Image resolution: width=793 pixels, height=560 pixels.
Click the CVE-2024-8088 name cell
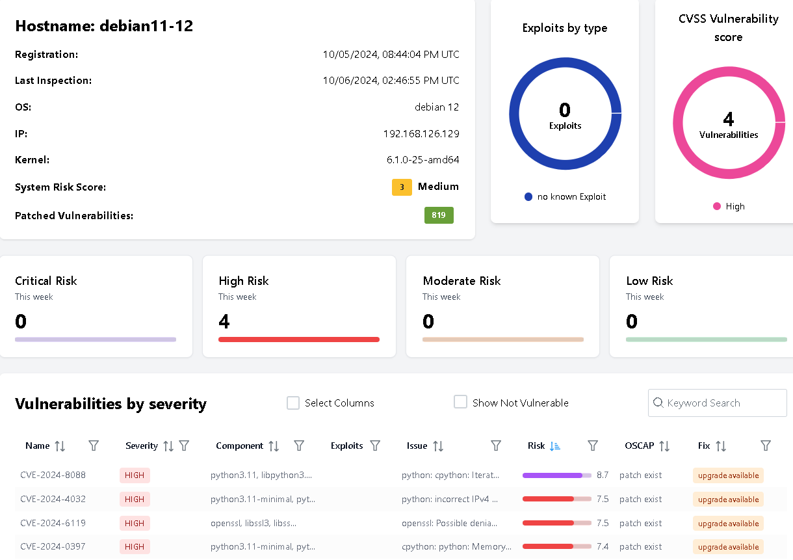pos(53,475)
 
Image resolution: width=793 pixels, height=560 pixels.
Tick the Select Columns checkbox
pos(293,403)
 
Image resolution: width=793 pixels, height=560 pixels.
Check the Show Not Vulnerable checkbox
pos(460,402)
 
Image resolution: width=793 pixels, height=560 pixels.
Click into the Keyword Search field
pos(721,403)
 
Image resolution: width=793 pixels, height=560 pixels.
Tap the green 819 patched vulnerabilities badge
pos(439,215)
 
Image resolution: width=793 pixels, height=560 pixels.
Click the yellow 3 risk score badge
pos(402,187)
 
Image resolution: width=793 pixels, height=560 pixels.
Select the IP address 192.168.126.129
pos(421,134)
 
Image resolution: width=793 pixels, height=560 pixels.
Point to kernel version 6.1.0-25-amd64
pos(422,160)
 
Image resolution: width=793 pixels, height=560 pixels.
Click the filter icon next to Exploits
pos(375,446)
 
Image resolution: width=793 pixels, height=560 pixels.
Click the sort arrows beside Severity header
pos(168,446)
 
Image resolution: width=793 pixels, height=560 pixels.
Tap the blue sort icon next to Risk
pos(554,446)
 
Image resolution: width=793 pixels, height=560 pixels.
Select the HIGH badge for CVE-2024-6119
pos(135,523)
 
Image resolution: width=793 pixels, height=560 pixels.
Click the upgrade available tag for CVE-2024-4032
pos(728,500)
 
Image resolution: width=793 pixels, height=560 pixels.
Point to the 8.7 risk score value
pos(603,475)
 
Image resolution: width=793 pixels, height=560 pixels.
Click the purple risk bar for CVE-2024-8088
pos(552,475)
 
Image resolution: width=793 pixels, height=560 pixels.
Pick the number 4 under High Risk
pos(224,321)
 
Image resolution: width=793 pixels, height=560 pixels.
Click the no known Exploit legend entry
pos(565,196)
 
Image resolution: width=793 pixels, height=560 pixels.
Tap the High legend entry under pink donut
pos(729,206)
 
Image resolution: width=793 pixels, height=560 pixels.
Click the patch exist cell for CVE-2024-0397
pos(640,547)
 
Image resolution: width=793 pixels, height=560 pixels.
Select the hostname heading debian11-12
pos(104,26)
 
